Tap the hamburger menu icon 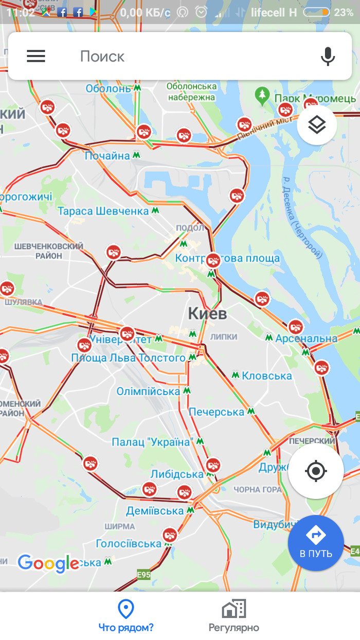(x=36, y=56)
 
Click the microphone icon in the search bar (x=328, y=56)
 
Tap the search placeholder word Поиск (x=102, y=57)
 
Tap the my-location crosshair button (x=316, y=471)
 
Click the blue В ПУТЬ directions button (x=316, y=542)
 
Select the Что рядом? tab (x=126, y=615)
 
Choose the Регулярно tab (x=233, y=615)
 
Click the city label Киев (x=207, y=313)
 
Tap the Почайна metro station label (x=107, y=155)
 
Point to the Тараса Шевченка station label (x=103, y=211)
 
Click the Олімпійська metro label (x=148, y=391)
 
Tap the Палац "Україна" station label (x=152, y=441)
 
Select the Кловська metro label (x=266, y=376)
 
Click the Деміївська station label (x=155, y=511)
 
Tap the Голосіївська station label (x=129, y=544)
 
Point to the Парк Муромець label (x=314, y=98)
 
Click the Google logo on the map (x=48, y=563)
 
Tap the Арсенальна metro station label (x=306, y=338)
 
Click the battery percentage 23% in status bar (x=344, y=12)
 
